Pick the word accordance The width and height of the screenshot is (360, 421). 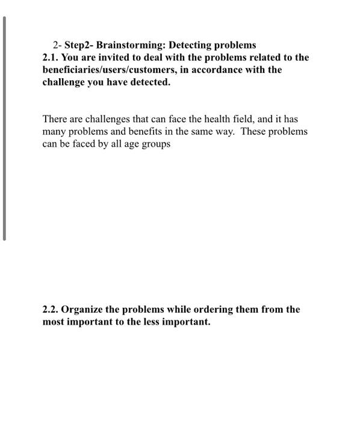(x=217, y=70)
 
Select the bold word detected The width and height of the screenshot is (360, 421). (x=151, y=82)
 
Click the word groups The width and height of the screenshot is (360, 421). (x=156, y=144)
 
